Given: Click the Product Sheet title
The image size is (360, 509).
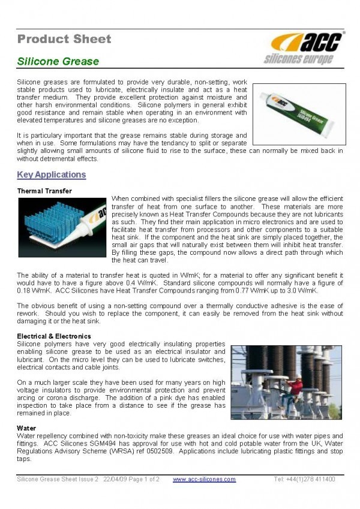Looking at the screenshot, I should (64, 40).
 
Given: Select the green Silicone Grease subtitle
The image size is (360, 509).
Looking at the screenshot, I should (58, 61).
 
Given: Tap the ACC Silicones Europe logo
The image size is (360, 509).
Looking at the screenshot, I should (305, 48).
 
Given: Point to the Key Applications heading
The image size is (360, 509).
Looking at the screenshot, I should (52, 175).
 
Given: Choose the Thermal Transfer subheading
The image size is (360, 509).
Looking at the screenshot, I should (44, 191).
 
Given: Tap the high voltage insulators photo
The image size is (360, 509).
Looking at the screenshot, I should (286, 382).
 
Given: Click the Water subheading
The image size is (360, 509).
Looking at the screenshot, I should (26, 428).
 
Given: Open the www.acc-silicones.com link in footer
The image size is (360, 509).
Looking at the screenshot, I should (204, 479).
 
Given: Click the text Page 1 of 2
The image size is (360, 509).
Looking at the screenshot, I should (149, 479).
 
